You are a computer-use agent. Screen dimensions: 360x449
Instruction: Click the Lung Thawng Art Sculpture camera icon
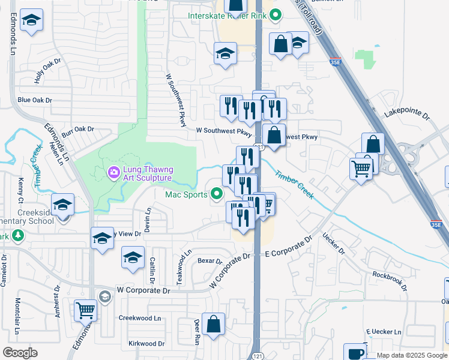coord(113,173)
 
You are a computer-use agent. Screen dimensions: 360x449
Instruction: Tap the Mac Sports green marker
coord(216,194)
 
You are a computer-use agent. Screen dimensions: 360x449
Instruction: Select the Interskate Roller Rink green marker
coord(276,16)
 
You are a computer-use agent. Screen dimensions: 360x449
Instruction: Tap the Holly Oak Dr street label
coord(48,70)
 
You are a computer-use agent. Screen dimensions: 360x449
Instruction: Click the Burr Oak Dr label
coord(78,129)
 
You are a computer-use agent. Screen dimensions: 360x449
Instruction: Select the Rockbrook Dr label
coord(390,281)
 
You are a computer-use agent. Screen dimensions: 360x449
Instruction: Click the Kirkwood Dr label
coord(146,344)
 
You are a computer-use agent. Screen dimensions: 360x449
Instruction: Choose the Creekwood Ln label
coord(140,318)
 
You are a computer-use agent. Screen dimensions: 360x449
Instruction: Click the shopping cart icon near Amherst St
coord(85,310)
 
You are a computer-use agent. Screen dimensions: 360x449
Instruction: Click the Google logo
coord(20,352)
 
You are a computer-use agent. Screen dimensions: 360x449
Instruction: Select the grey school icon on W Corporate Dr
coord(105,296)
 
